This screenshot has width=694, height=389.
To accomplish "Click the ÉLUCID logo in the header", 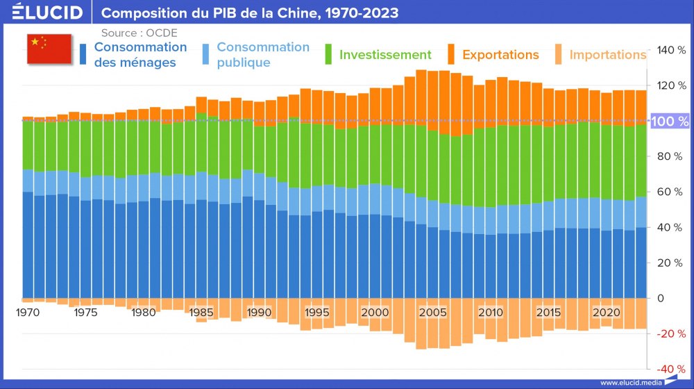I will (47, 13).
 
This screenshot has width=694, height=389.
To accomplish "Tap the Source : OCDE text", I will (139, 33).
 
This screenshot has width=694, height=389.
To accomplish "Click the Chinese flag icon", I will (49, 47).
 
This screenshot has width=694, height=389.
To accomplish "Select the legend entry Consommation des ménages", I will (140, 55).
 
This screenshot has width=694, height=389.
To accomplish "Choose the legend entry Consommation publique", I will (262, 55).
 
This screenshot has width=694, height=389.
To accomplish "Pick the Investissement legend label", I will (385, 55).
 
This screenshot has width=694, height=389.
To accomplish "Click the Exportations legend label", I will (500, 55).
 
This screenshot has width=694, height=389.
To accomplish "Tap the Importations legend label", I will (607, 55).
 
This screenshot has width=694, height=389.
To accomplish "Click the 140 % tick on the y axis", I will (670, 50).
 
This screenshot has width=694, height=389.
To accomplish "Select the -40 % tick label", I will (670, 369).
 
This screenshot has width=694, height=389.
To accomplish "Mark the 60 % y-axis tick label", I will (670, 192).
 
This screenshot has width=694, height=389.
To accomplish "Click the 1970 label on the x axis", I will (28, 313).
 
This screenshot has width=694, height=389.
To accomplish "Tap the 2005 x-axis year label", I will (433, 313).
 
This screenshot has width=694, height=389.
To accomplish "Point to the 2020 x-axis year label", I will (606, 313).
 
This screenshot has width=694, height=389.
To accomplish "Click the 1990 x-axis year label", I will (259, 313).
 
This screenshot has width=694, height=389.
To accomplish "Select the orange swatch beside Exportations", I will (450, 54).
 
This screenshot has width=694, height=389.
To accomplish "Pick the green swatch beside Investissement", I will (330, 54).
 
